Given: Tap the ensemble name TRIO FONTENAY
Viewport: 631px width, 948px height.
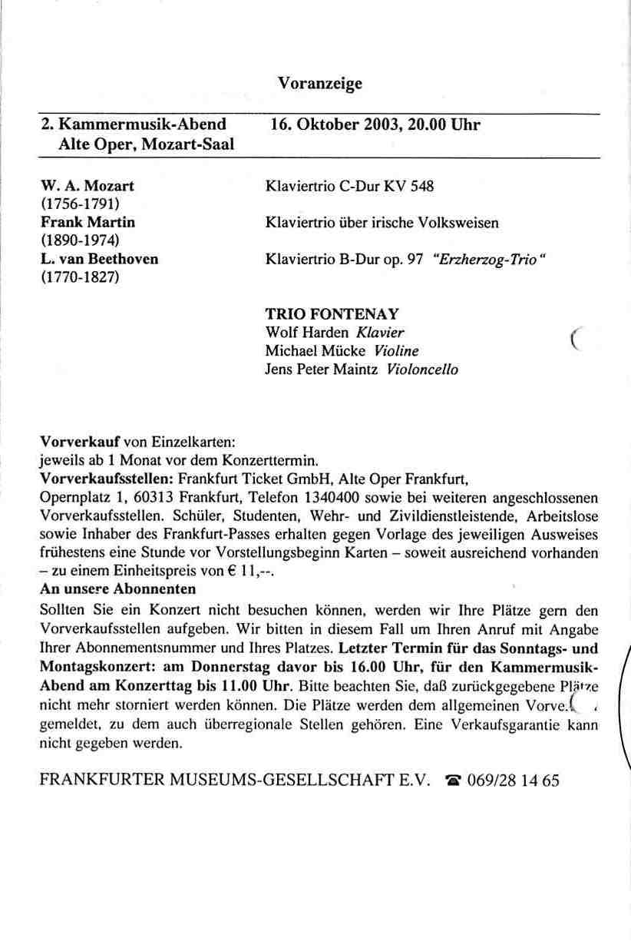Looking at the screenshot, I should pos(332,314).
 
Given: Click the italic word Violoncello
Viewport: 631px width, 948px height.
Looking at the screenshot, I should pos(423,370).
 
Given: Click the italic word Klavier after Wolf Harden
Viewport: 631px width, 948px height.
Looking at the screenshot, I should pos(378,333).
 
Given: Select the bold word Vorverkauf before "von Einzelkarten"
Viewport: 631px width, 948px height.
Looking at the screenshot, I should pos(78,443).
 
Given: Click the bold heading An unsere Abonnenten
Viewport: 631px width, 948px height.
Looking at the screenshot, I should pos(117,589).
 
